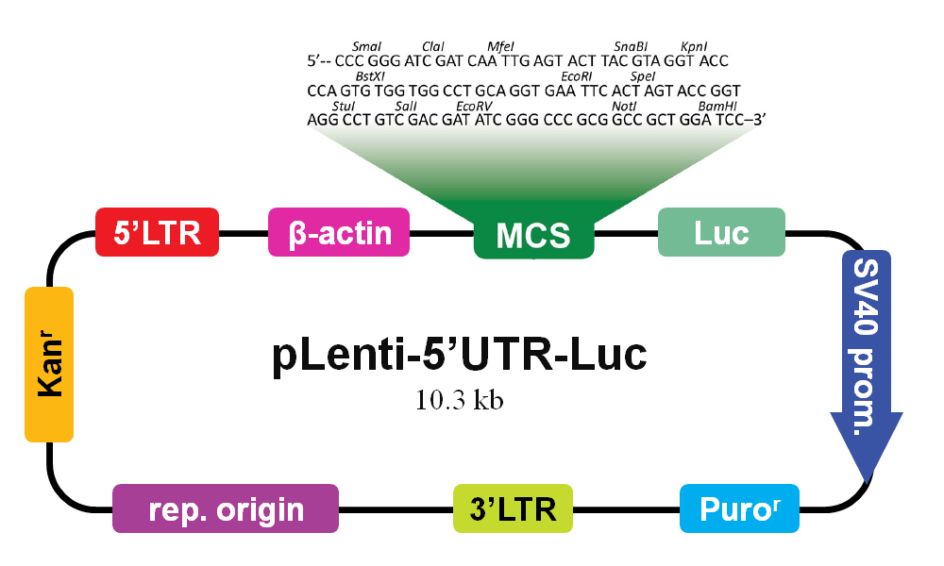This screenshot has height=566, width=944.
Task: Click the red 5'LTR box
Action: (157, 232)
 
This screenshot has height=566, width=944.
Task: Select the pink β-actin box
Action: (339, 232)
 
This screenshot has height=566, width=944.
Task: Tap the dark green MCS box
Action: (534, 235)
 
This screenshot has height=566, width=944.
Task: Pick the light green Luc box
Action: (721, 232)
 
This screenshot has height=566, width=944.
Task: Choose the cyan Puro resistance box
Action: (739, 508)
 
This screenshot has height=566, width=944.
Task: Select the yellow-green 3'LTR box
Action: (513, 508)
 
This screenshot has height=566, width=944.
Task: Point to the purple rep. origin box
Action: (226, 508)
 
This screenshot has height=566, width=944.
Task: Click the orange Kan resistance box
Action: (49, 364)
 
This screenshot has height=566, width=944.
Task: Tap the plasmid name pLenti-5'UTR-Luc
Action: (460, 355)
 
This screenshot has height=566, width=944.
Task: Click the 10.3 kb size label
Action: (460, 400)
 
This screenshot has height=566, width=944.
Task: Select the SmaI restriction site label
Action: (366, 46)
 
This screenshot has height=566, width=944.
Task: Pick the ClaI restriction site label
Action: (433, 46)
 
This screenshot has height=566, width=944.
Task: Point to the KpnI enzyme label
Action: (694, 46)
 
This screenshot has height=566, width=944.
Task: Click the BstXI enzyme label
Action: (370, 76)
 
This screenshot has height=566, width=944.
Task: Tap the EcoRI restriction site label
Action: (576, 76)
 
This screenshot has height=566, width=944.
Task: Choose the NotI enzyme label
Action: (624, 107)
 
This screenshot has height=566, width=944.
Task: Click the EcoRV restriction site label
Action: (475, 107)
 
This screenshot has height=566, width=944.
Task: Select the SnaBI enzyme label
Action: (631, 46)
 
